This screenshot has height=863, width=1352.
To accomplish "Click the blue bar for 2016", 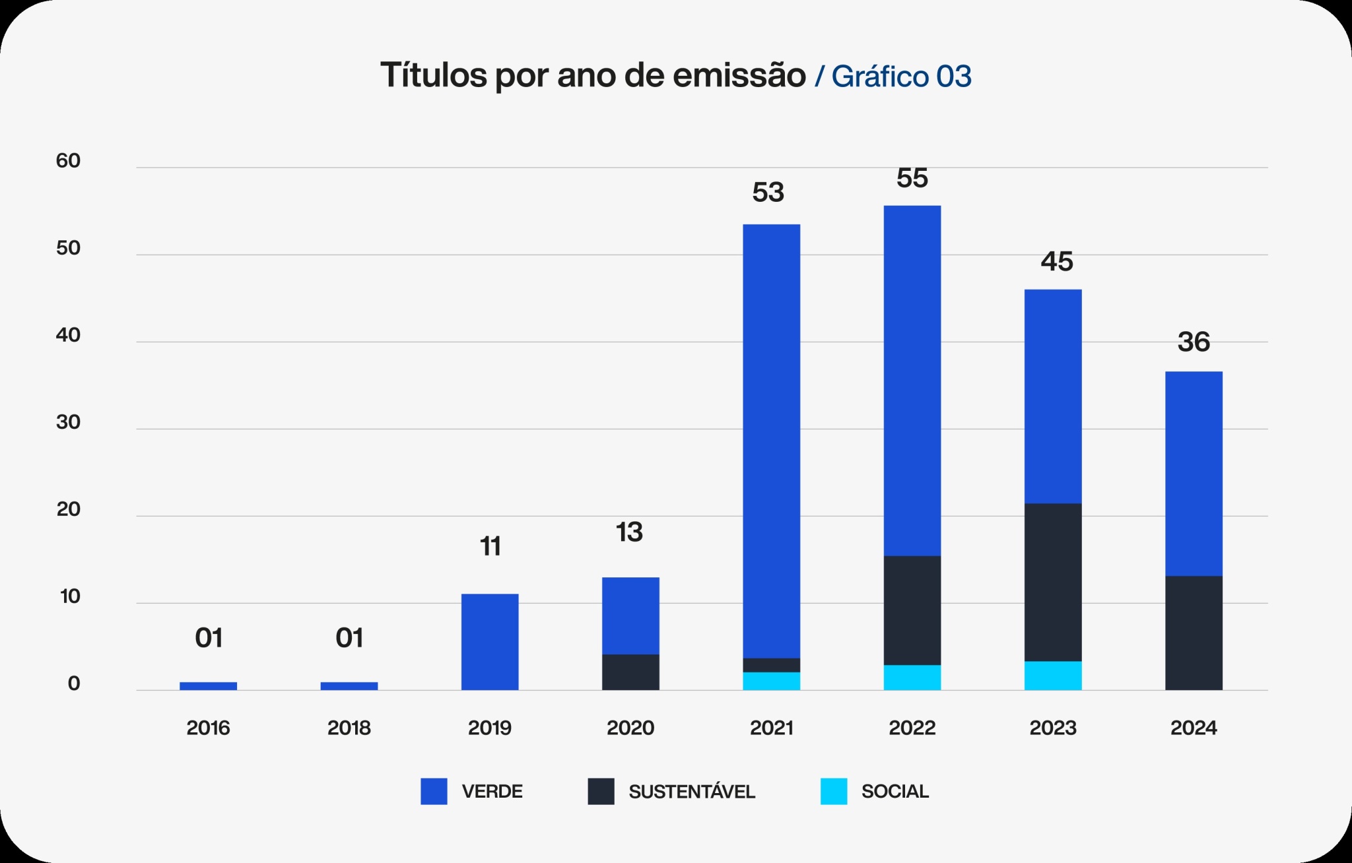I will click(208, 686).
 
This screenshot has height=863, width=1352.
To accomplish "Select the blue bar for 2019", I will click(490, 642).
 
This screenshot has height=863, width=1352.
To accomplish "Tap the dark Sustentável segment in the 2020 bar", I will click(630, 672).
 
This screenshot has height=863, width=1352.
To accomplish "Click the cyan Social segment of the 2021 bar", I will click(771, 682).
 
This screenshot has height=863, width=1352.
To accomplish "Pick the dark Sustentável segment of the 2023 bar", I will click(1053, 583).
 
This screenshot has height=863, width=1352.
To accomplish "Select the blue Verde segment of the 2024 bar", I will click(1194, 474).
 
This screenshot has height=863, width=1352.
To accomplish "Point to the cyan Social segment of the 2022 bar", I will click(912, 678).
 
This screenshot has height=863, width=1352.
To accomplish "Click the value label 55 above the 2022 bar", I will click(912, 178).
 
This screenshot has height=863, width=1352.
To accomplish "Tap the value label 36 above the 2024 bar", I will click(1194, 342).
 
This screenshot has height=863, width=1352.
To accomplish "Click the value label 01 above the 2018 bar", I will click(349, 638).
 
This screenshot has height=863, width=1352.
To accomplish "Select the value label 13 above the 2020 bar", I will click(629, 532).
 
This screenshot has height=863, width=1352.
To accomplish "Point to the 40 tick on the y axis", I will click(68, 335).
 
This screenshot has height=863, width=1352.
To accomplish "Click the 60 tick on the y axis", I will click(68, 161).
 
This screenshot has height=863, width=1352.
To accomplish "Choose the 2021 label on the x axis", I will click(771, 728).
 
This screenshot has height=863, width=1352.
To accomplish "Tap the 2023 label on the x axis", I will click(1053, 728).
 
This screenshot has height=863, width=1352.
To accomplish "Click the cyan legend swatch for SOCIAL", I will click(834, 791).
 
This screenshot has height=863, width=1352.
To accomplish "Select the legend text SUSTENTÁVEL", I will click(691, 792).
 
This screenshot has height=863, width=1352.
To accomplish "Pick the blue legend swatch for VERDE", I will click(434, 791).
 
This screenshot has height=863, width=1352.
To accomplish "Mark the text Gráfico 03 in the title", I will click(901, 77).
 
